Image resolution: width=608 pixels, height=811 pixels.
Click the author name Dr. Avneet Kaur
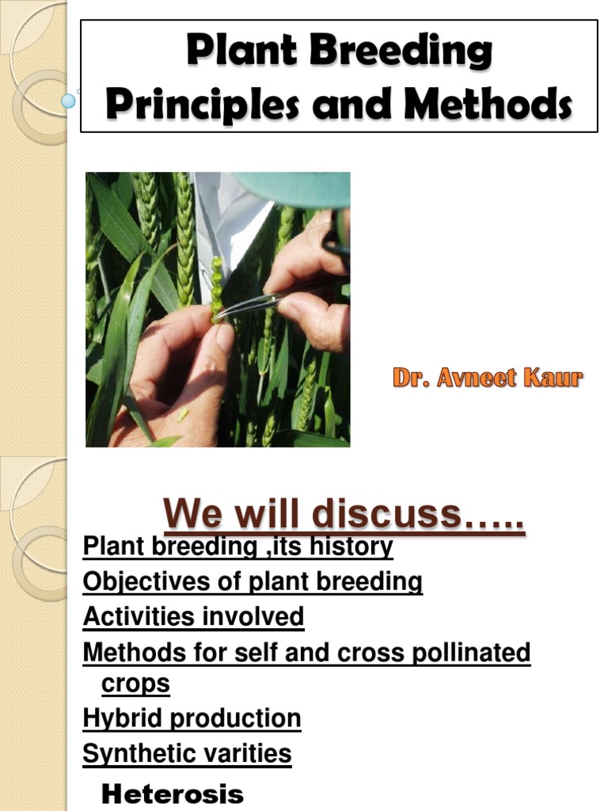tap(488, 379)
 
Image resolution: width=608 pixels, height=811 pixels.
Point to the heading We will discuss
tap(344, 516)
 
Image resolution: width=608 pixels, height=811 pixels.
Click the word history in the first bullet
tap(353, 546)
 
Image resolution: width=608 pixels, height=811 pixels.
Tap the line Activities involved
tap(193, 616)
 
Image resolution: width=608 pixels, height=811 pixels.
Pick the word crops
tap(135, 683)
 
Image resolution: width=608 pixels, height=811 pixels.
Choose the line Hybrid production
tap(192, 718)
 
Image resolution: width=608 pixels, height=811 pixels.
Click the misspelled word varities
tap(245, 753)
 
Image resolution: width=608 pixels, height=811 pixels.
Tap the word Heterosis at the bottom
tap(173, 794)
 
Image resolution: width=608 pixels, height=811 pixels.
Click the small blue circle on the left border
tap(69, 101)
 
